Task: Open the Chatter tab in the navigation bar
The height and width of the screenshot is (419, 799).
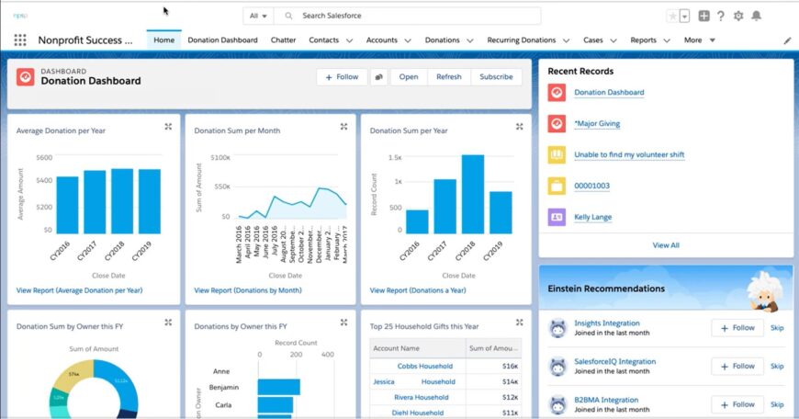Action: tap(283, 40)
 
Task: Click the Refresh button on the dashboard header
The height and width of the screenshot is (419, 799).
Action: tap(449, 77)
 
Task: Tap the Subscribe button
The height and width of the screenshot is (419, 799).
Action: tap(496, 77)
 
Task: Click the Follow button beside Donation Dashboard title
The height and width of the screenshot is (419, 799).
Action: tap(342, 77)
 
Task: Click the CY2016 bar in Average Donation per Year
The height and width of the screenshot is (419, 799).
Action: tap(67, 205)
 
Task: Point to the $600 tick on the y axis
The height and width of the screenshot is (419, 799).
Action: tap(44, 157)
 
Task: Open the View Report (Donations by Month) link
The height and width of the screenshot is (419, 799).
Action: tap(247, 290)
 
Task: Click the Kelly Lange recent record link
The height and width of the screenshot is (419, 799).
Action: tap(592, 218)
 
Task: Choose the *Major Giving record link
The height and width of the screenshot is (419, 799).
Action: tap(597, 124)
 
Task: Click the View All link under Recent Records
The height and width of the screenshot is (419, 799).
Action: tap(666, 245)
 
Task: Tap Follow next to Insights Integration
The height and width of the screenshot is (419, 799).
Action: tap(737, 328)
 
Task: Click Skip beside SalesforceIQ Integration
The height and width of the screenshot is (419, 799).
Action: tap(777, 366)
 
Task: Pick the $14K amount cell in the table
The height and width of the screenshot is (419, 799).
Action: tap(510, 381)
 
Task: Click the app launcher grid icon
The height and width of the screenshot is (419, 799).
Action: tap(20, 40)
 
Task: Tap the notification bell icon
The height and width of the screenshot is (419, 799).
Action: tap(757, 17)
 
